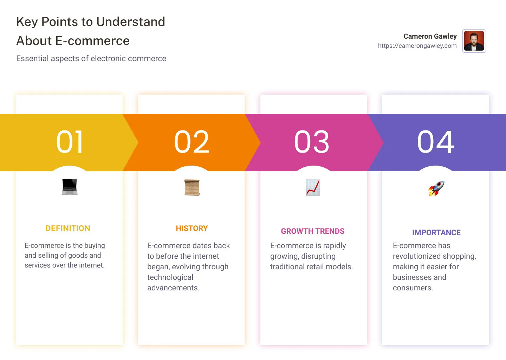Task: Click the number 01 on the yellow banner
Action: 70,142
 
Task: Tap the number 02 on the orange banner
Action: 192,142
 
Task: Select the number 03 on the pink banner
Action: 312,142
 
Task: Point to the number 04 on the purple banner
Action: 436,142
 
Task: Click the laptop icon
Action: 70,187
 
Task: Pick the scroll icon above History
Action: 192,187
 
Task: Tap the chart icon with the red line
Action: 313,187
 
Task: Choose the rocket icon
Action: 436,188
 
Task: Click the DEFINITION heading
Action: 68,229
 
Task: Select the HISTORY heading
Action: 192,229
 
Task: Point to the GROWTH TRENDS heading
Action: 313,231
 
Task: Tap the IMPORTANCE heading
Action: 436,233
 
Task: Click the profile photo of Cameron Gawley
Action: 474,41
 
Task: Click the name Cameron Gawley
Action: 430,36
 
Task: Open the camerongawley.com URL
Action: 417,46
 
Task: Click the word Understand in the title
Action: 131,22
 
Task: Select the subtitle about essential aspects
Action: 91,58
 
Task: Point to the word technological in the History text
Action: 170,277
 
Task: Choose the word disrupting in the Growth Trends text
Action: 318,256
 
